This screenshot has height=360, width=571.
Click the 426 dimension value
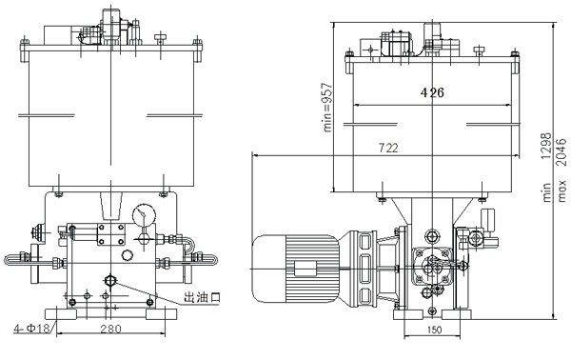432,92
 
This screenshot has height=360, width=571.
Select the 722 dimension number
388,148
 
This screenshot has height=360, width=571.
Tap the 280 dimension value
110,329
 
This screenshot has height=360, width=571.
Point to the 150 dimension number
434,330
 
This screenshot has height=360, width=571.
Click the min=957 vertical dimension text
328,107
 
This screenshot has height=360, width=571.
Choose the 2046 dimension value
561,151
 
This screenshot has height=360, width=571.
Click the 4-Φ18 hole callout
31,329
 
